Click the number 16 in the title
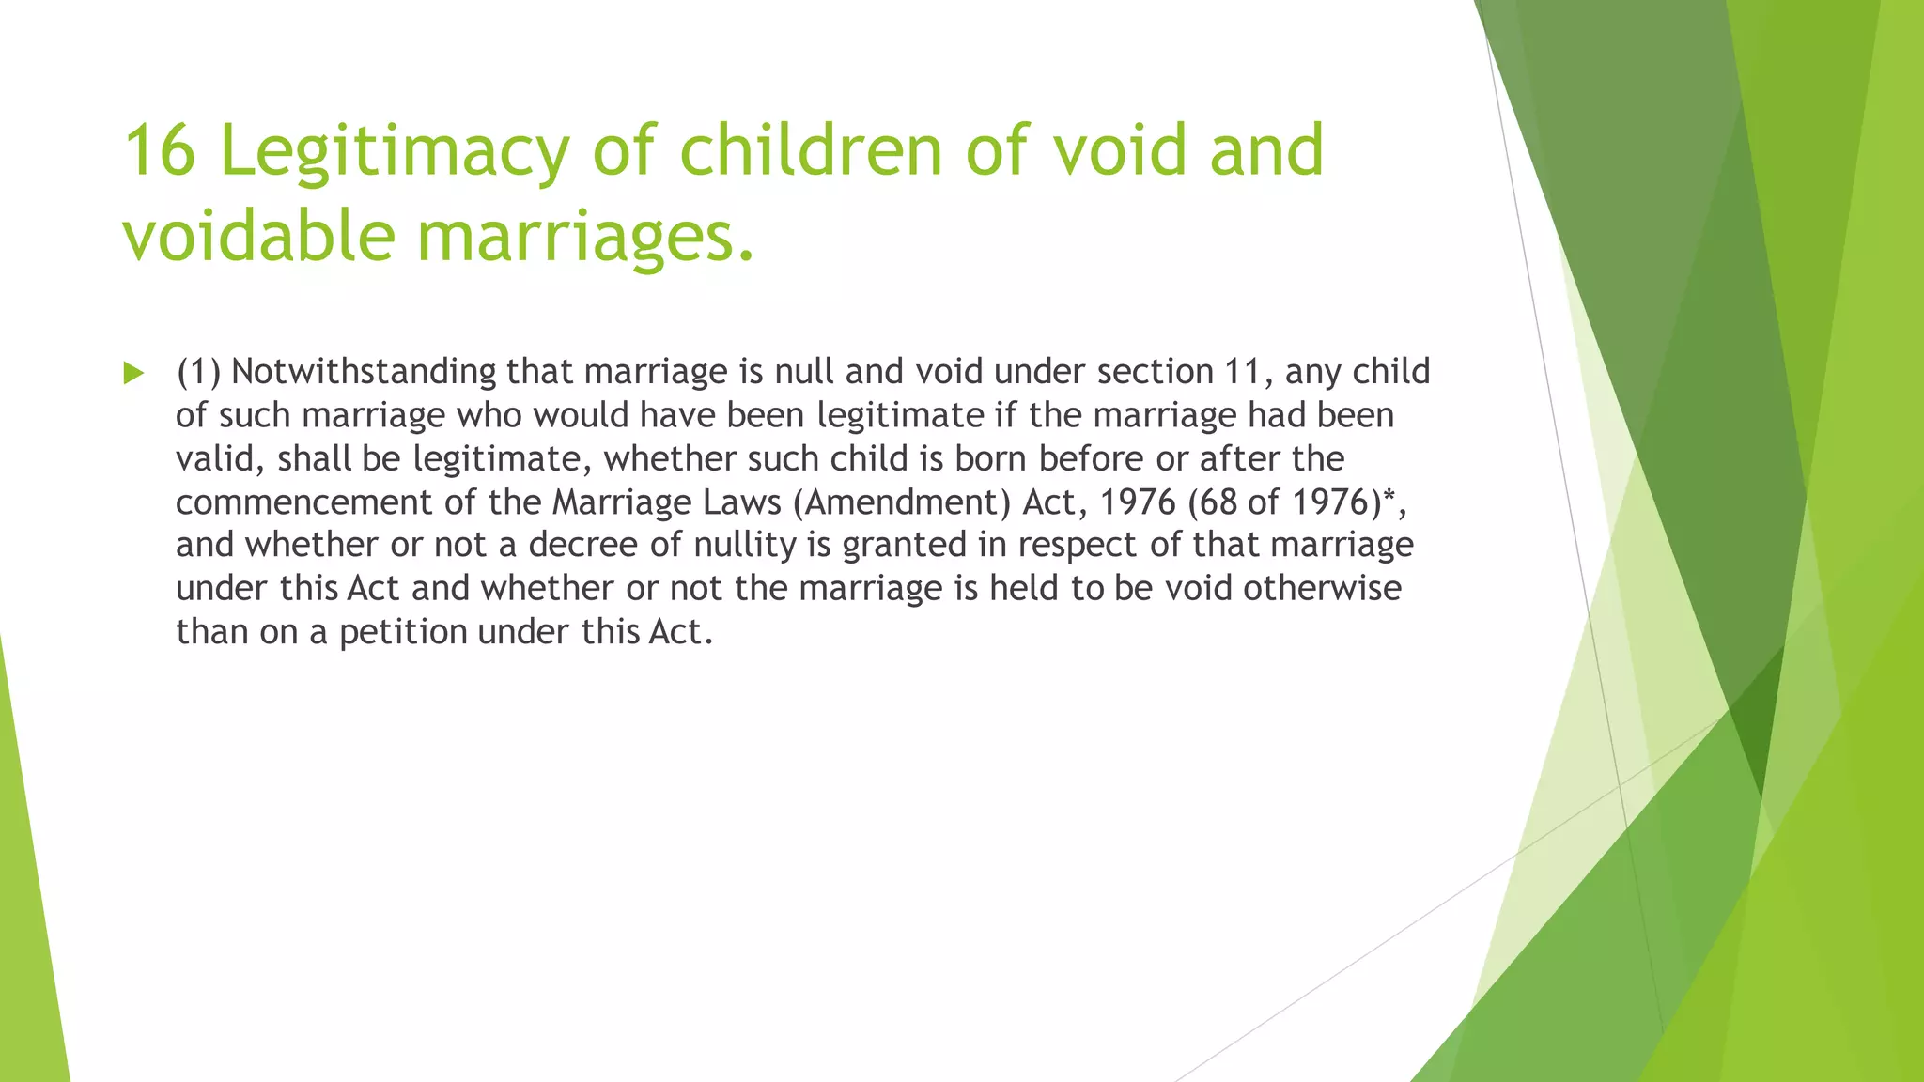tap(160, 150)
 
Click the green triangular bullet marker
tap(133, 374)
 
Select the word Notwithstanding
tap(364, 372)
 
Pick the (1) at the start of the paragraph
tap(198, 372)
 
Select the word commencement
tap(303, 502)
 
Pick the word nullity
tap(745, 545)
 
